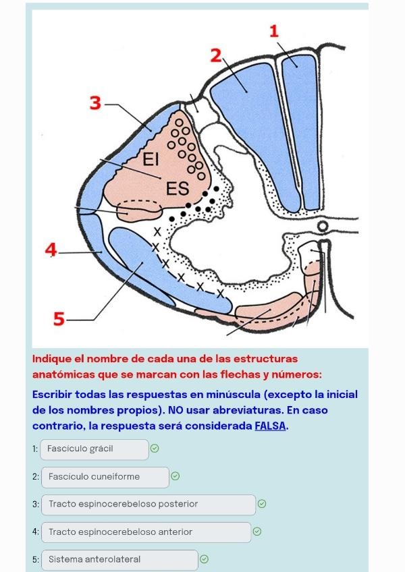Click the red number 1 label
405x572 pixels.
tap(273, 31)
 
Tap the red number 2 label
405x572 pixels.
tap(216, 55)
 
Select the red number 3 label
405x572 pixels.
tap(95, 103)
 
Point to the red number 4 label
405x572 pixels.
tap(50, 250)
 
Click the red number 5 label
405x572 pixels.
tap(59, 319)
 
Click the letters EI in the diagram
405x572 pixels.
tap(150, 160)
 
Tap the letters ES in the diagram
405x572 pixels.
tap(178, 189)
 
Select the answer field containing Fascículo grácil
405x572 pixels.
tap(94, 449)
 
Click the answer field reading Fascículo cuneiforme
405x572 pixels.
tap(105, 477)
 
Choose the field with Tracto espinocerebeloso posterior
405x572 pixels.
tap(148, 505)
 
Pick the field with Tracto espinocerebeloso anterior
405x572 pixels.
tap(146, 532)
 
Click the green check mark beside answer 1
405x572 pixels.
tap(155, 449)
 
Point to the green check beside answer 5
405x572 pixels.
tap(205, 559)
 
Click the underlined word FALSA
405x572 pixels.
tap(271, 426)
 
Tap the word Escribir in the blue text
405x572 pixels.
tap(53, 395)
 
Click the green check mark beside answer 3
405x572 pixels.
tap(262, 504)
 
